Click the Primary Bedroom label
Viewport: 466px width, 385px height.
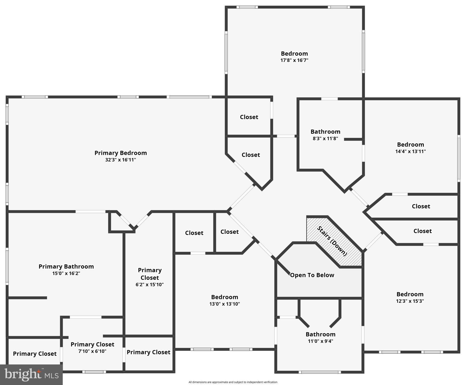(x=120, y=153)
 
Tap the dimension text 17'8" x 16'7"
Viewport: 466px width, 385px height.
(x=294, y=60)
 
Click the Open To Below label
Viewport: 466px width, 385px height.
(x=312, y=275)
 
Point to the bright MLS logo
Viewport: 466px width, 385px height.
(x=31, y=375)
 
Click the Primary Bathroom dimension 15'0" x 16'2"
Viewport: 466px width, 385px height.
(x=66, y=273)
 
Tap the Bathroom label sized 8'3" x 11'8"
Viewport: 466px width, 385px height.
(x=325, y=132)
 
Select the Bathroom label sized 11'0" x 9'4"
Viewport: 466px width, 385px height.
(x=320, y=334)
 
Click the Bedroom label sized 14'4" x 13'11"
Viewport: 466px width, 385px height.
(x=410, y=145)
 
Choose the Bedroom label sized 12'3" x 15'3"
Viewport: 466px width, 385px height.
(x=410, y=294)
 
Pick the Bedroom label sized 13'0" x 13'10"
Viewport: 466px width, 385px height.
(x=224, y=297)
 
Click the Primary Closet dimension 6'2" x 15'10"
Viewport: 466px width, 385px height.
(x=150, y=285)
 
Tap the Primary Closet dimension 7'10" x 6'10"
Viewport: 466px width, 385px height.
(x=92, y=351)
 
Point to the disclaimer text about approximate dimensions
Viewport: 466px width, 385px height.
(x=233, y=382)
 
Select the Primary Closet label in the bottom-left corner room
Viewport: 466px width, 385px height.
(x=35, y=354)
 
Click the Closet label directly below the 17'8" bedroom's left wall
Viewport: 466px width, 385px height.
(x=249, y=117)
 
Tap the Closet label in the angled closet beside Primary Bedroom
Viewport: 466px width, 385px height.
(x=251, y=155)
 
